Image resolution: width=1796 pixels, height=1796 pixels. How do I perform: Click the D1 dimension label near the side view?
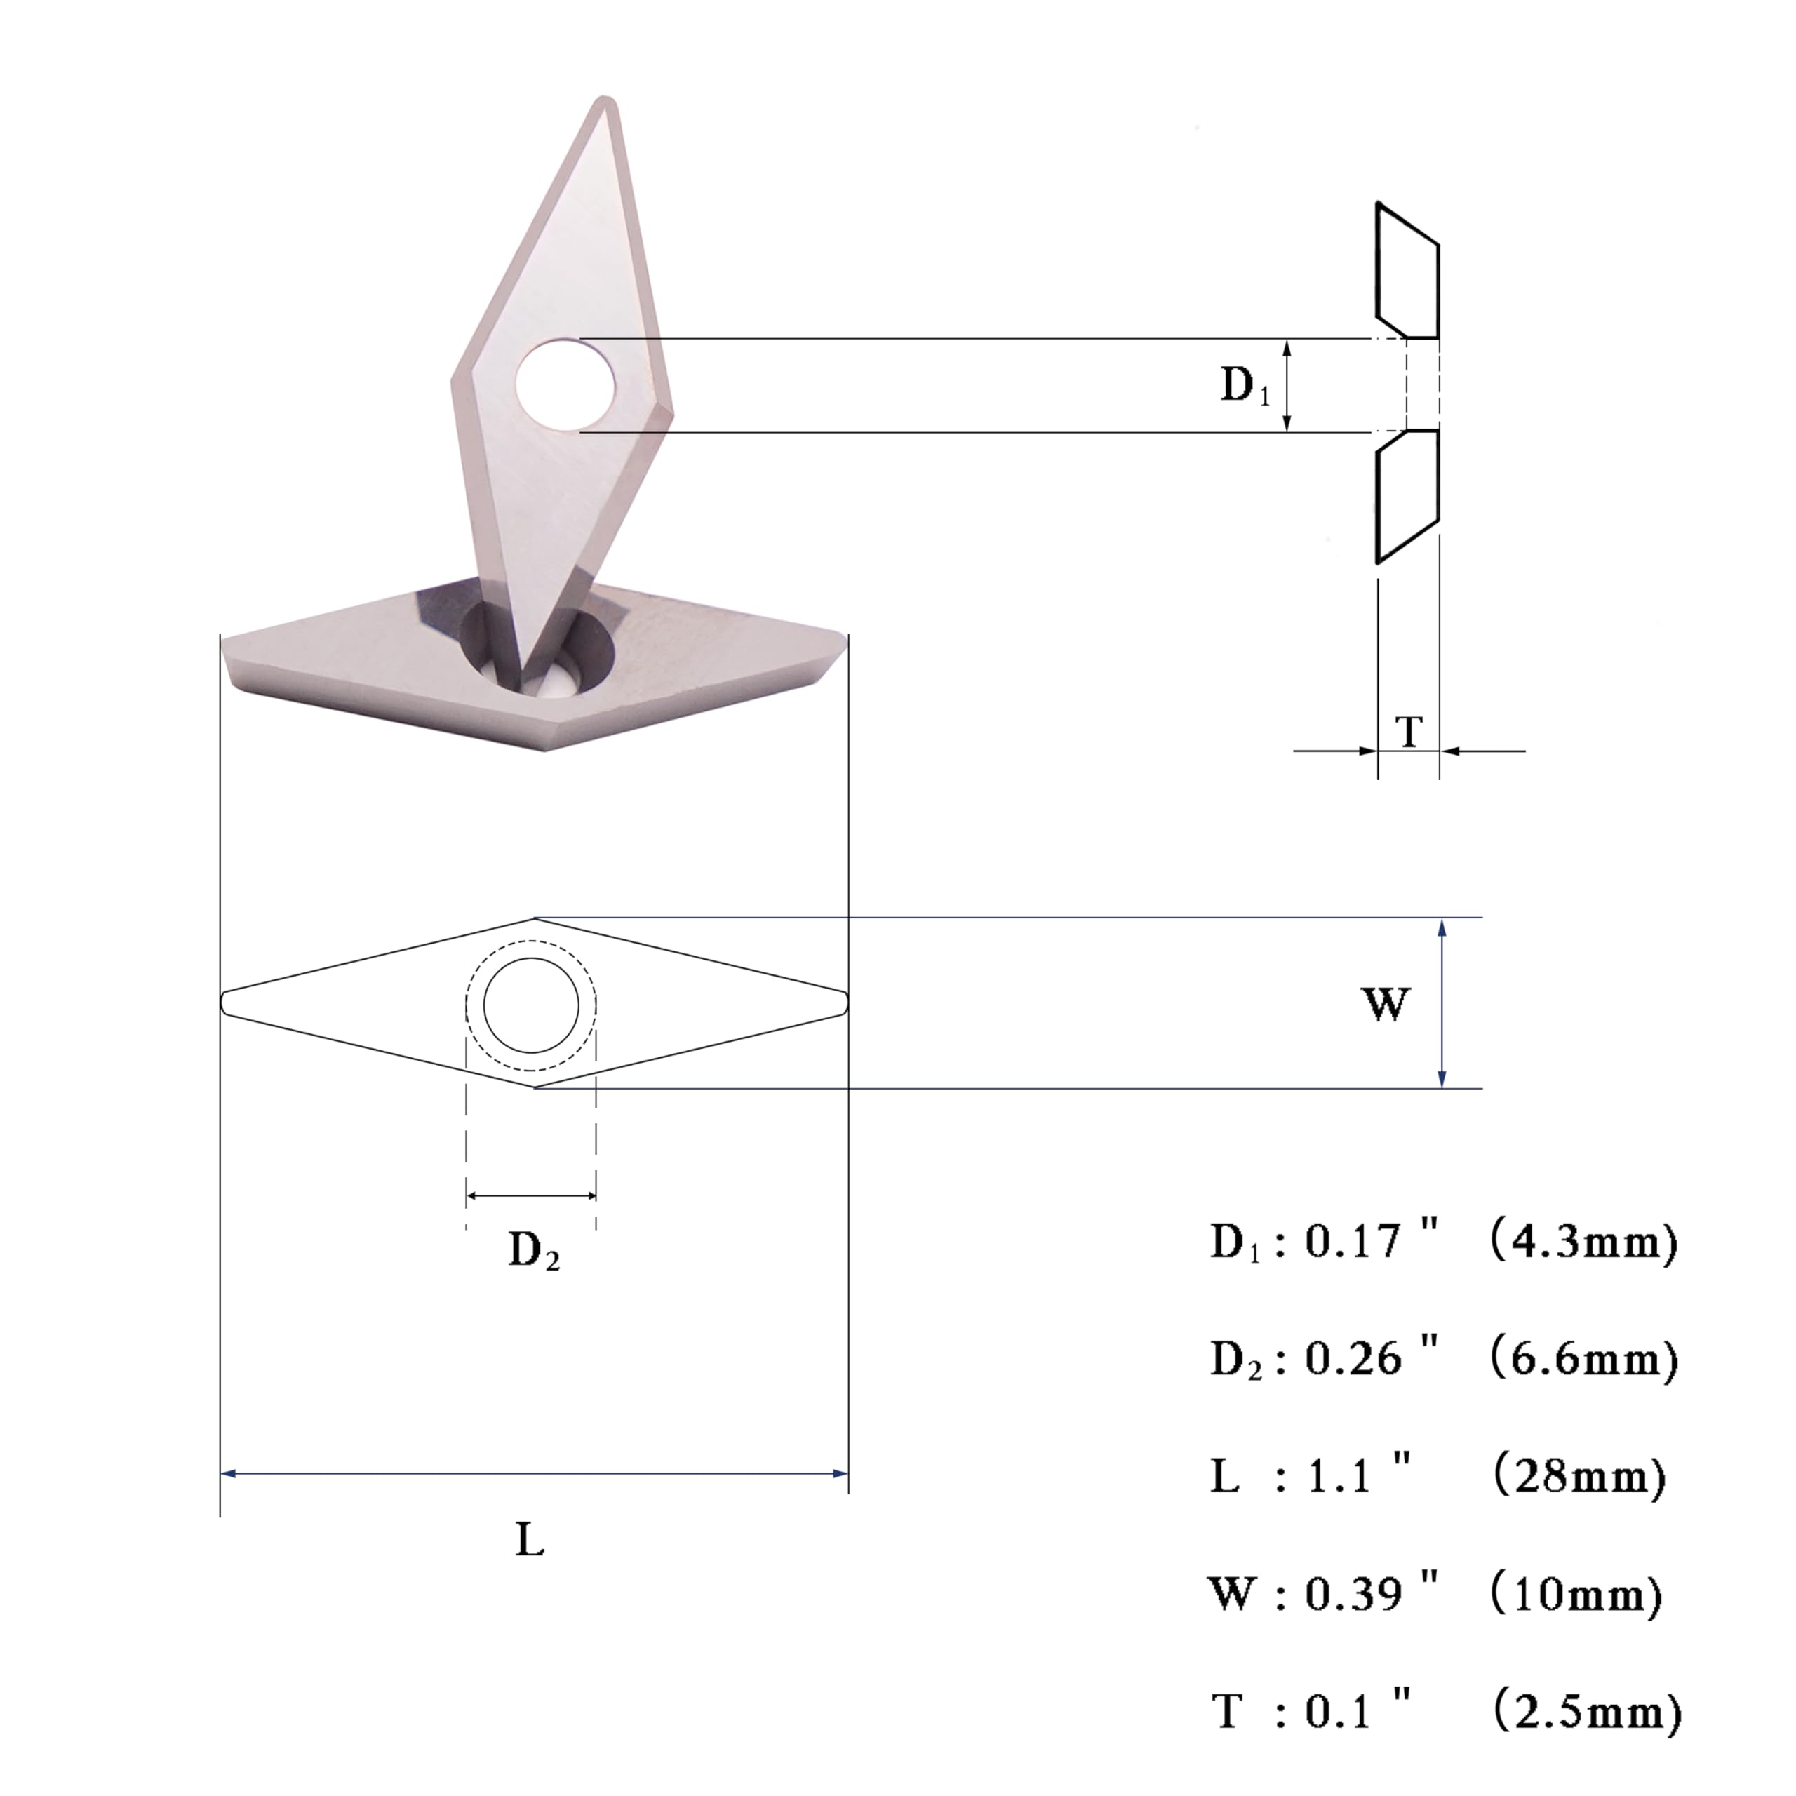pos(1245,386)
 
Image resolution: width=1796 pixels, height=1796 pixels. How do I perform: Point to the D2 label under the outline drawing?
pos(534,1250)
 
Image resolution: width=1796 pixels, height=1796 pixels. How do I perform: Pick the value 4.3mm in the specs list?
pos(1584,1241)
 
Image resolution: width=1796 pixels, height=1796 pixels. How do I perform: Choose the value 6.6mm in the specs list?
pos(1584,1359)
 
